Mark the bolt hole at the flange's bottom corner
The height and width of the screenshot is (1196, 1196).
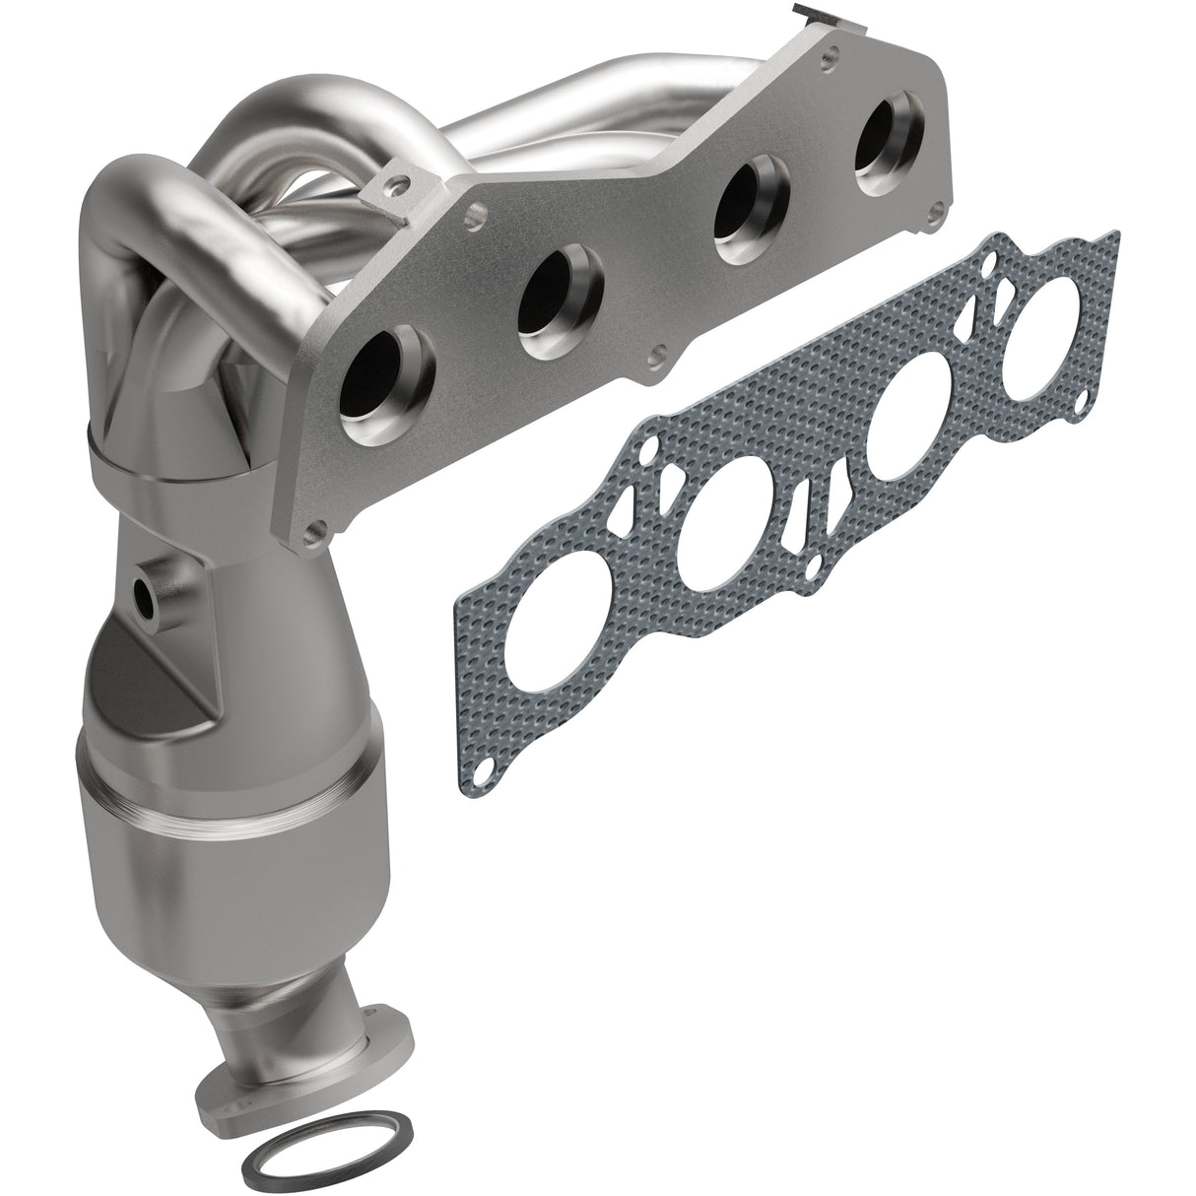point(314,533)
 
